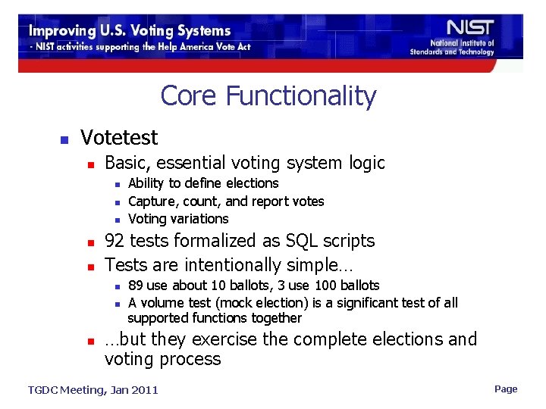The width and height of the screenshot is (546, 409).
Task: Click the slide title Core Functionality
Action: (268, 96)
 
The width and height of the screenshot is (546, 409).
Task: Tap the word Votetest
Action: (119, 138)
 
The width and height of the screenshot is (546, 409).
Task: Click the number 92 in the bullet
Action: (115, 241)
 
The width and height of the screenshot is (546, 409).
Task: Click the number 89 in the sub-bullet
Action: (136, 286)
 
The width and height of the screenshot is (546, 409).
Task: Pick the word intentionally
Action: (236, 265)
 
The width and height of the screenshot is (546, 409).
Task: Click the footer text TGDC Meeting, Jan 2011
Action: (93, 390)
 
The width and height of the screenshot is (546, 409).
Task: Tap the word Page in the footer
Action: (506, 389)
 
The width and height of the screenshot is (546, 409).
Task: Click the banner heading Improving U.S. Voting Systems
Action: (130, 31)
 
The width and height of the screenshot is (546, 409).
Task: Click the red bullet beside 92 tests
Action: (89, 243)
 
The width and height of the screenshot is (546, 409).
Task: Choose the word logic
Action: (367, 163)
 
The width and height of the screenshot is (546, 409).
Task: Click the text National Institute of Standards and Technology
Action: (452, 48)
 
